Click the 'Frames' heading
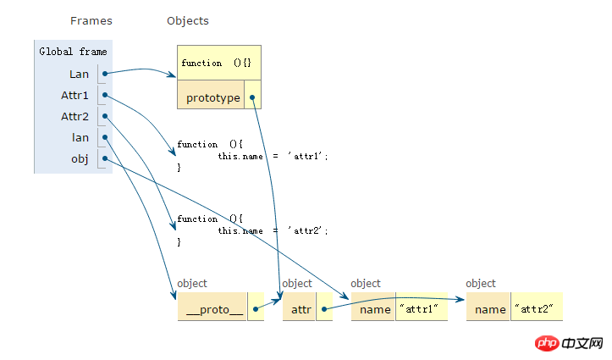coord(91,20)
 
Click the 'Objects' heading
coord(188,20)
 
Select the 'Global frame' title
coord(73,52)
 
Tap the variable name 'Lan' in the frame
coord(80,74)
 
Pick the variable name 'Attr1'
coord(74,95)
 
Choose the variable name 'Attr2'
coord(74,116)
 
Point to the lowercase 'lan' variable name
coord(80,137)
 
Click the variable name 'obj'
coord(80,158)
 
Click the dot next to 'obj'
coord(104,158)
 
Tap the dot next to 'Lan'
coord(104,74)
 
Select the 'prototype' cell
coord(212,97)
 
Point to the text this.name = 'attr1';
coord(272,156)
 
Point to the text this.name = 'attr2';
coord(272,230)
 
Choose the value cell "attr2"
coord(537,309)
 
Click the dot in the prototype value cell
coord(252,97)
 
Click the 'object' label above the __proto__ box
coord(192,284)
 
